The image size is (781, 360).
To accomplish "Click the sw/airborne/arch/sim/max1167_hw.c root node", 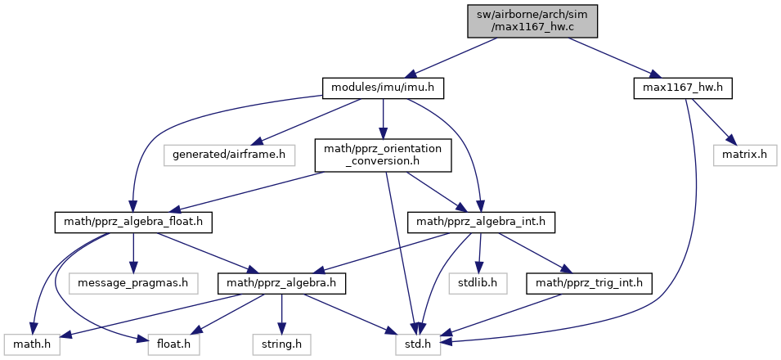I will tap(533, 20).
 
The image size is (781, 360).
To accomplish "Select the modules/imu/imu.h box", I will tap(383, 87).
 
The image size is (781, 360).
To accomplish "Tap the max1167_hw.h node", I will tap(682, 87).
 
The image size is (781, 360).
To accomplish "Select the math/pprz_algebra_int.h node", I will tap(482, 220).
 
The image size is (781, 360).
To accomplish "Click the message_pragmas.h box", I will tap(132, 284).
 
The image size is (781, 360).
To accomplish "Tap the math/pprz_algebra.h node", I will tap(281, 284).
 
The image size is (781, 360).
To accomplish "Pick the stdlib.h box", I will tap(478, 284).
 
